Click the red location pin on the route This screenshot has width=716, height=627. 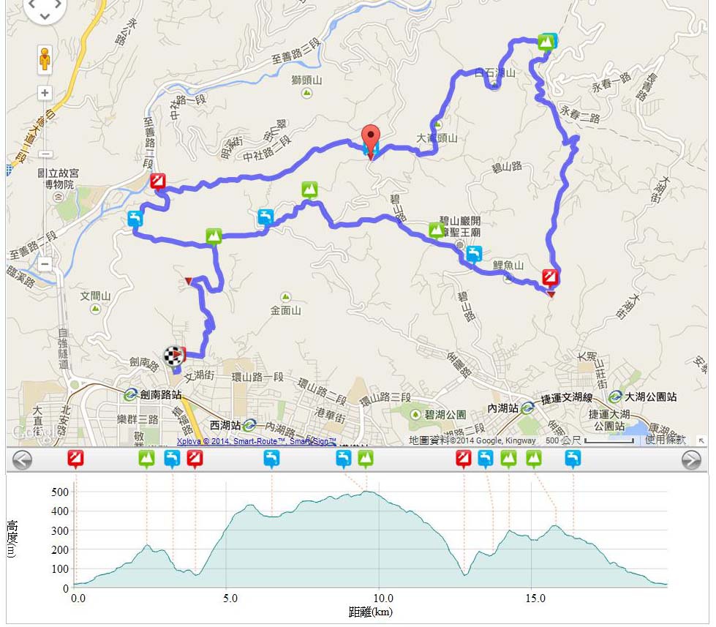tap(372, 139)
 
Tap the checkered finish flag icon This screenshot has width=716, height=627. tap(173, 356)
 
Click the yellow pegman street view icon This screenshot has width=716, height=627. tap(45, 59)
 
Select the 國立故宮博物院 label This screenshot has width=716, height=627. tap(59, 179)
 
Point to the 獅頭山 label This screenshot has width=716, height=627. tap(307, 80)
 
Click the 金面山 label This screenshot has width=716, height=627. tap(285, 310)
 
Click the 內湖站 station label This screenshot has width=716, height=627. tap(504, 408)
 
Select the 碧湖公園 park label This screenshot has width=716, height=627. tap(445, 414)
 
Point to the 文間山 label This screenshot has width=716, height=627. tap(95, 296)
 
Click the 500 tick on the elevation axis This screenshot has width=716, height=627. tap(59, 492)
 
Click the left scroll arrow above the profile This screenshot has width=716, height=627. tap(22, 459)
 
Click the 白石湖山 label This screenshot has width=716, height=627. tap(495, 73)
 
